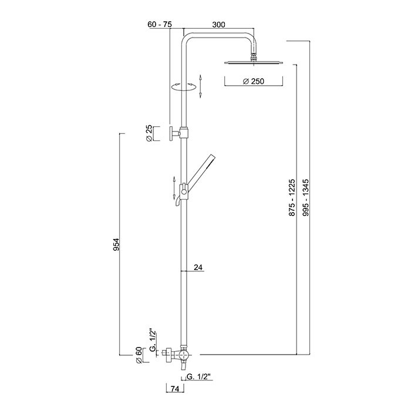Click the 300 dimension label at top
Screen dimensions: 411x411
coord(218,25)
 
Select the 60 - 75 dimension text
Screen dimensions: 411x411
coord(160,25)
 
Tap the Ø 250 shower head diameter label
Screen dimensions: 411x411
coord(254,82)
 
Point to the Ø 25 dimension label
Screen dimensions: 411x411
coord(149,133)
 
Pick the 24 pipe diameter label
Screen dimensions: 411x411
coord(198,267)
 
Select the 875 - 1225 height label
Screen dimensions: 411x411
coord(292,198)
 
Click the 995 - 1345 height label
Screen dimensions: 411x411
coord(306,198)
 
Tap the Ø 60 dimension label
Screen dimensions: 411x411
coord(139,355)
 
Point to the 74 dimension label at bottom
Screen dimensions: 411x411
coord(175,389)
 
